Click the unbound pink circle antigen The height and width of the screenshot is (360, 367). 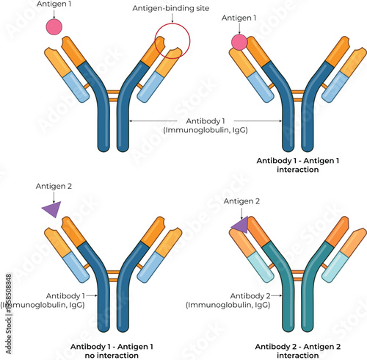pyautogui.click(x=54, y=27)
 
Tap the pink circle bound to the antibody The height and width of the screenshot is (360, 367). pyautogui.click(x=239, y=42)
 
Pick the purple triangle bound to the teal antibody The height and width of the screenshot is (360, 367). pyautogui.click(x=240, y=226)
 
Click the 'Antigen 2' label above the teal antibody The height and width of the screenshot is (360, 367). pyautogui.click(x=241, y=201)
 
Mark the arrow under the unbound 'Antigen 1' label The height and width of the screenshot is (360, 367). pyautogui.click(x=54, y=13)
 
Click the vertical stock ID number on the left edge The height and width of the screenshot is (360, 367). pyautogui.click(x=7, y=300)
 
